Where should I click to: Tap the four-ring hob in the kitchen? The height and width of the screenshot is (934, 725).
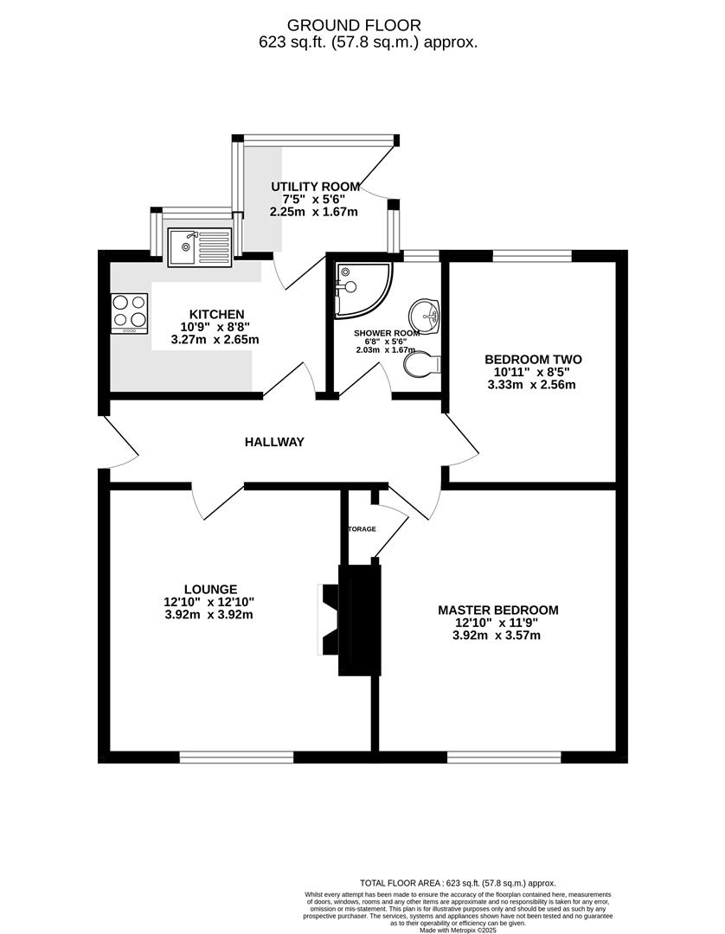(x=129, y=313)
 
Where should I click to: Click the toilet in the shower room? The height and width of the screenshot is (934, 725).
(x=422, y=364)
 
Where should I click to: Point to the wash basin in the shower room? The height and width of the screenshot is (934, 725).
(x=425, y=316)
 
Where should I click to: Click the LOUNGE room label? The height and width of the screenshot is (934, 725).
(x=204, y=589)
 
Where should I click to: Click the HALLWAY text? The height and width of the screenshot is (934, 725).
(x=274, y=442)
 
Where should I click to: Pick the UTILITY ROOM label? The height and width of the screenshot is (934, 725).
(x=315, y=187)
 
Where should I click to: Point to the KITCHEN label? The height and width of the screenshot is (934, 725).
(x=217, y=314)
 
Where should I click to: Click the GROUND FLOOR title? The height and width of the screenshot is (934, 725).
(x=369, y=25)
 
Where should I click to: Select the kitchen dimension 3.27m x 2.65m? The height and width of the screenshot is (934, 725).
(x=217, y=340)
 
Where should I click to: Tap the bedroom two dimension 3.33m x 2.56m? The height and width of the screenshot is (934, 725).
(x=532, y=385)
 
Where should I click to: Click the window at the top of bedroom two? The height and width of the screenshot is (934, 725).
(x=532, y=255)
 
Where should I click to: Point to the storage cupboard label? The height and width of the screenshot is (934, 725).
(x=362, y=528)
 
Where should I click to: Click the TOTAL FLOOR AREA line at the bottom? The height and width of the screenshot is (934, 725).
(x=458, y=882)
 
